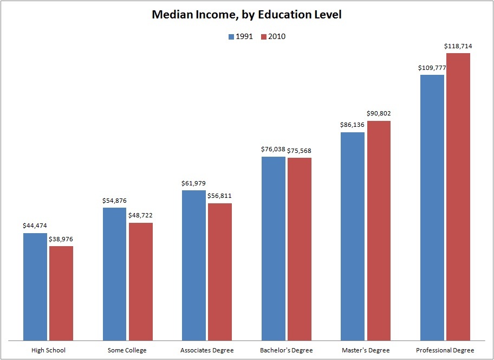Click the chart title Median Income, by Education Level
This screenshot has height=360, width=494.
click(x=246, y=15)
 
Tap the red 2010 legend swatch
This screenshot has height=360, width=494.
click(x=264, y=37)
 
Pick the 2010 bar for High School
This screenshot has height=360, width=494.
click(x=61, y=293)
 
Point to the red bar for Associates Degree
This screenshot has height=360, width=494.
click(x=220, y=272)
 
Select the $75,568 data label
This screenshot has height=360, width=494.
click(x=299, y=151)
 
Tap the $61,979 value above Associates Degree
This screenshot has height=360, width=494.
click(x=193, y=183)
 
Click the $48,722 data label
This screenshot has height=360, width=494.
click(x=140, y=215)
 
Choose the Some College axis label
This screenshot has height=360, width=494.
click(x=127, y=350)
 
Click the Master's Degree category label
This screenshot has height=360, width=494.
click(x=366, y=350)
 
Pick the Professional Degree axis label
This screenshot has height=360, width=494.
click(x=445, y=350)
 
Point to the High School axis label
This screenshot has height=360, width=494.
click(x=48, y=350)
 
